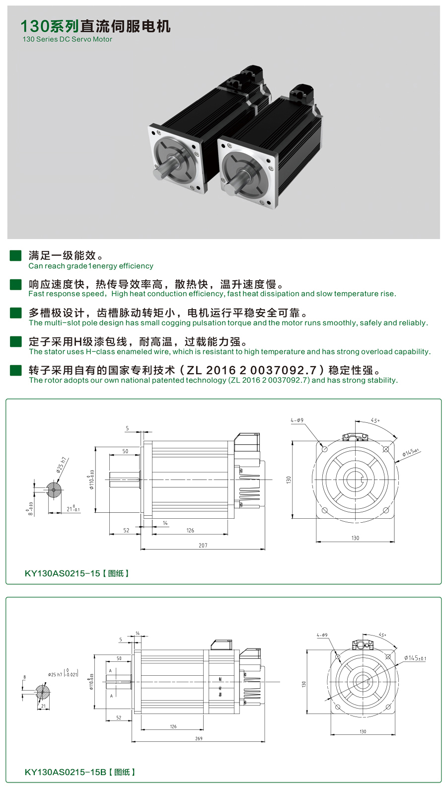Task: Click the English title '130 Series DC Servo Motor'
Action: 67,39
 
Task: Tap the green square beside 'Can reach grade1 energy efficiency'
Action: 16,255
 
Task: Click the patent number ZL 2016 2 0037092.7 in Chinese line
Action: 251,370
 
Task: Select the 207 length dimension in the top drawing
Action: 203,545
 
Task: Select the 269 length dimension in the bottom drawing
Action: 199,738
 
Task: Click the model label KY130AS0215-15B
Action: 66,772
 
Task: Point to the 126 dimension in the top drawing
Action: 190,530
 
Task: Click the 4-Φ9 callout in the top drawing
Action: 297,420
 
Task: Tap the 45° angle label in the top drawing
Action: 375,420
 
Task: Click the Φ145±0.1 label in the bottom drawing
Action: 415,658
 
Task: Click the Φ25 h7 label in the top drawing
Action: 61,465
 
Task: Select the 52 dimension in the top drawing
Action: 126,530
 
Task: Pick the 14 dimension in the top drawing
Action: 165,523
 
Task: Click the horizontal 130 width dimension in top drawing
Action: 355,538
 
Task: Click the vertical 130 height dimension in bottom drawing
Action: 303,684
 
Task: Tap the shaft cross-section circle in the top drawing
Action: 54,490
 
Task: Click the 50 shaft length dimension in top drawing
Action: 125,451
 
